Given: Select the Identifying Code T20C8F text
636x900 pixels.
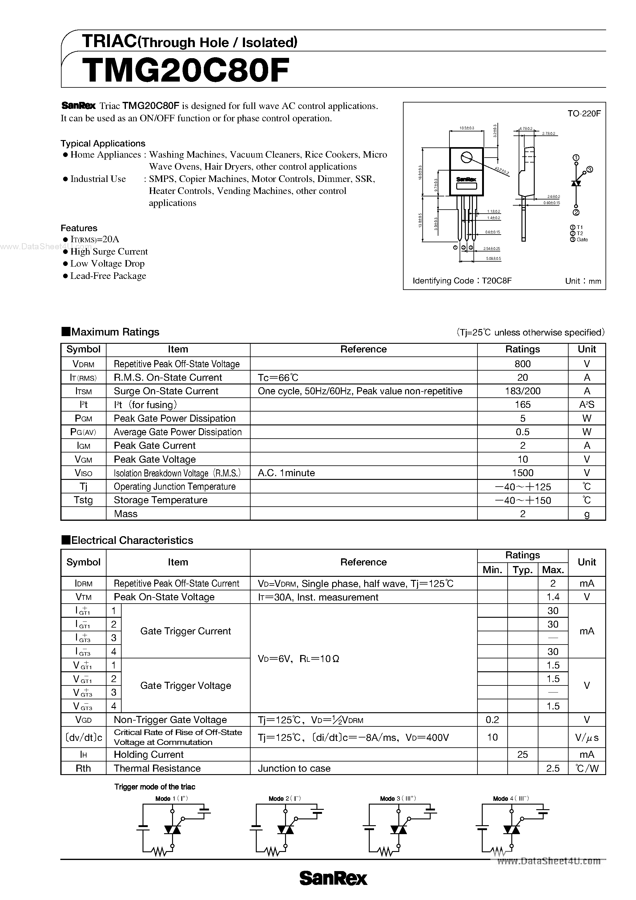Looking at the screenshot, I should pyautogui.click(x=462, y=281).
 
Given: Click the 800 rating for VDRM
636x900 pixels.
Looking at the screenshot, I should pyautogui.click(x=522, y=364).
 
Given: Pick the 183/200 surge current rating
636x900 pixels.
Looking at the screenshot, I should pyautogui.click(x=522, y=391).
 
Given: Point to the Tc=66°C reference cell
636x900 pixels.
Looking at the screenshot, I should pyautogui.click(x=278, y=377).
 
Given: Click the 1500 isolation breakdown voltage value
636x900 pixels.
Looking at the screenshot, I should pyautogui.click(x=522, y=473).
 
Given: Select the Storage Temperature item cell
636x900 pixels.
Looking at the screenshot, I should pyautogui.click(x=160, y=500).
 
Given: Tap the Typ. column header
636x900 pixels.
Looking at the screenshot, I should pyautogui.click(x=522, y=569).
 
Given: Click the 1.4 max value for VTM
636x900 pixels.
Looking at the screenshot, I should pyautogui.click(x=553, y=597).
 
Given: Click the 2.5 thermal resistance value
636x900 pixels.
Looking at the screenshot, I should pyautogui.click(x=553, y=768).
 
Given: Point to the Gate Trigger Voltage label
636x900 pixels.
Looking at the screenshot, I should pyautogui.click(x=185, y=685).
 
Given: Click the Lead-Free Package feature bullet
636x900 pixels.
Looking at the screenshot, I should pyautogui.click(x=108, y=276).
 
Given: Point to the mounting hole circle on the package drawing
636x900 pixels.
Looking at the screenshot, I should pyautogui.click(x=466, y=158).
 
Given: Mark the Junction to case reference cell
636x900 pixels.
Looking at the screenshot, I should pyautogui.click(x=294, y=768).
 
